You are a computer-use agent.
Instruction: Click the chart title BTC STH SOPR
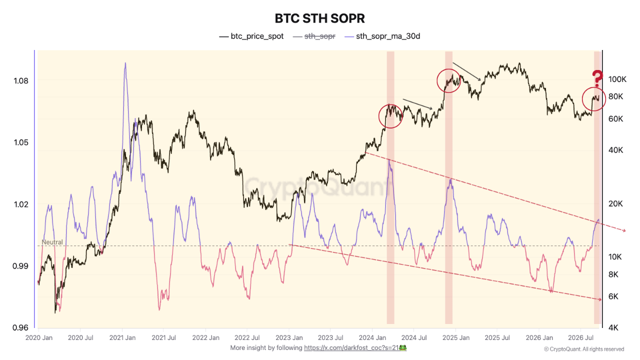pos(319,18)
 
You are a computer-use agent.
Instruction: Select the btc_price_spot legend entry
pos(251,36)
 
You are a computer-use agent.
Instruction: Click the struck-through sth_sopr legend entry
pos(314,36)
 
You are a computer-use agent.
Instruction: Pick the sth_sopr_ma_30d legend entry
pos(382,36)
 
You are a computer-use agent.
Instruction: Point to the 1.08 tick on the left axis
pos(21,81)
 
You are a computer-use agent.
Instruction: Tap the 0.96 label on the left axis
pos(20,327)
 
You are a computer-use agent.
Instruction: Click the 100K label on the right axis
pos(617,79)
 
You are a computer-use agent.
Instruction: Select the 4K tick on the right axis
pos(613,327)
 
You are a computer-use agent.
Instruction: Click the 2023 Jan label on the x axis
pos(289,337)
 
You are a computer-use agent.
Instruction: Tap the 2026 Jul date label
pos(580,337)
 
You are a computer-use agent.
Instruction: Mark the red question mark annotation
pos(597,78)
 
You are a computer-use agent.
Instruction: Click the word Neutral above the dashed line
pos(52,242)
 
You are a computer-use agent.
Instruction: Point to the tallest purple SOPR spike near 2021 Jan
pos(125,63)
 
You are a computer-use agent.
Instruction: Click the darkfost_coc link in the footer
pos(351,347)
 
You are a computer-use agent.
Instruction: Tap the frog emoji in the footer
pos(403,347)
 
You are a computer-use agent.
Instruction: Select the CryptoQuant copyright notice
pos(584,349)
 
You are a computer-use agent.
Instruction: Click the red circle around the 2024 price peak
pos(379,116)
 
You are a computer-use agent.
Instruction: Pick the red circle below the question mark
pos(582,99)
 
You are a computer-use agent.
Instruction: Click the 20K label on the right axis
pos(615,203)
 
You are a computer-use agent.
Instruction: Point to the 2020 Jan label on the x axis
pos(39,337)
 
